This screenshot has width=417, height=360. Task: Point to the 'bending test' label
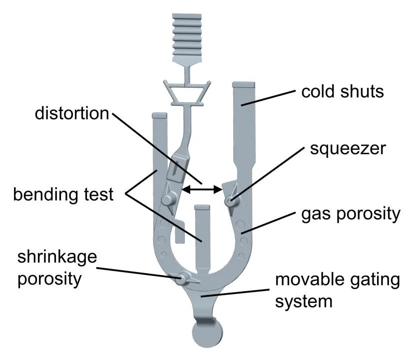coord(63,193)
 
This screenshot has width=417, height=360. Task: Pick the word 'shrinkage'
coord(57,258)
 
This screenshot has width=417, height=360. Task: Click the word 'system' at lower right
coord(304,301)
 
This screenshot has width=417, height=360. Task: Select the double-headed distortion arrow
coord(202,189)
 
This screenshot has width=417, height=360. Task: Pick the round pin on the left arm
coord(167,200)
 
